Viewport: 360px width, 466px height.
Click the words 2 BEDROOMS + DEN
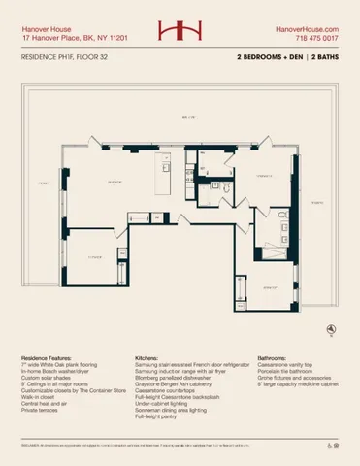[266, 58]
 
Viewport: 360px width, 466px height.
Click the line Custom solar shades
[49, 378]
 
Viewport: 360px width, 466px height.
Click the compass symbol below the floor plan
[333, 329]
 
